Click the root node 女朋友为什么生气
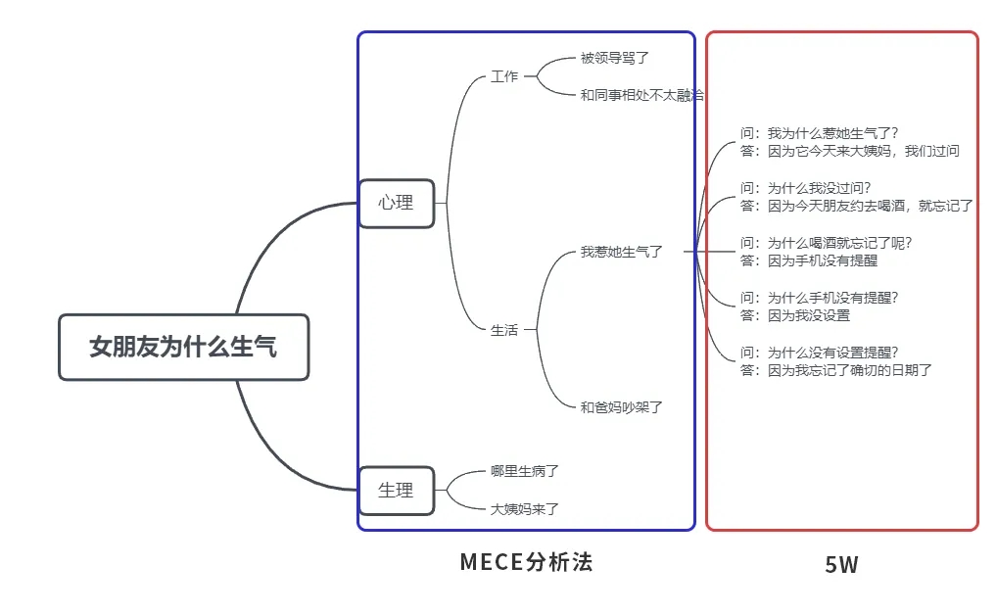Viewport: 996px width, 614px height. [183, 347]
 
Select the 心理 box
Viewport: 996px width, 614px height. [396, 203]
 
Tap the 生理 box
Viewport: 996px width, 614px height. [396, 490]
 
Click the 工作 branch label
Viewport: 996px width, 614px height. [504, 76]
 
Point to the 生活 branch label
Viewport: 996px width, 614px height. [504, 330]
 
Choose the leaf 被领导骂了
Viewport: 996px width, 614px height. [615, 58]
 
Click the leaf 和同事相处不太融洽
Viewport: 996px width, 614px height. [641, 95]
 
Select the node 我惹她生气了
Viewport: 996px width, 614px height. [622, 252]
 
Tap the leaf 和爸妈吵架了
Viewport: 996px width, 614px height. [622, 406]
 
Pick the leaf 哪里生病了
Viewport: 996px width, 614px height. [525, 471]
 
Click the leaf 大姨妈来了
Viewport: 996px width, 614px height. [525, 508]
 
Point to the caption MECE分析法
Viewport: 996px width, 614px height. [526, 562]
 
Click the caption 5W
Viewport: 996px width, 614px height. [841, 564]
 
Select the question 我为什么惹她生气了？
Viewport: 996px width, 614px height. [820, 133]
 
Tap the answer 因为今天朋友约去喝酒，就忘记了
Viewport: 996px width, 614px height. [857, 206]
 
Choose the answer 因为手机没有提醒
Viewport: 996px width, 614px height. [809, 260]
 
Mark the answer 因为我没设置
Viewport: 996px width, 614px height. [795, 315]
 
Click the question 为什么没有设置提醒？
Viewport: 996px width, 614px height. [820, 353]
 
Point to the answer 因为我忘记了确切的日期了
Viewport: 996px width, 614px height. [836, 370]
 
